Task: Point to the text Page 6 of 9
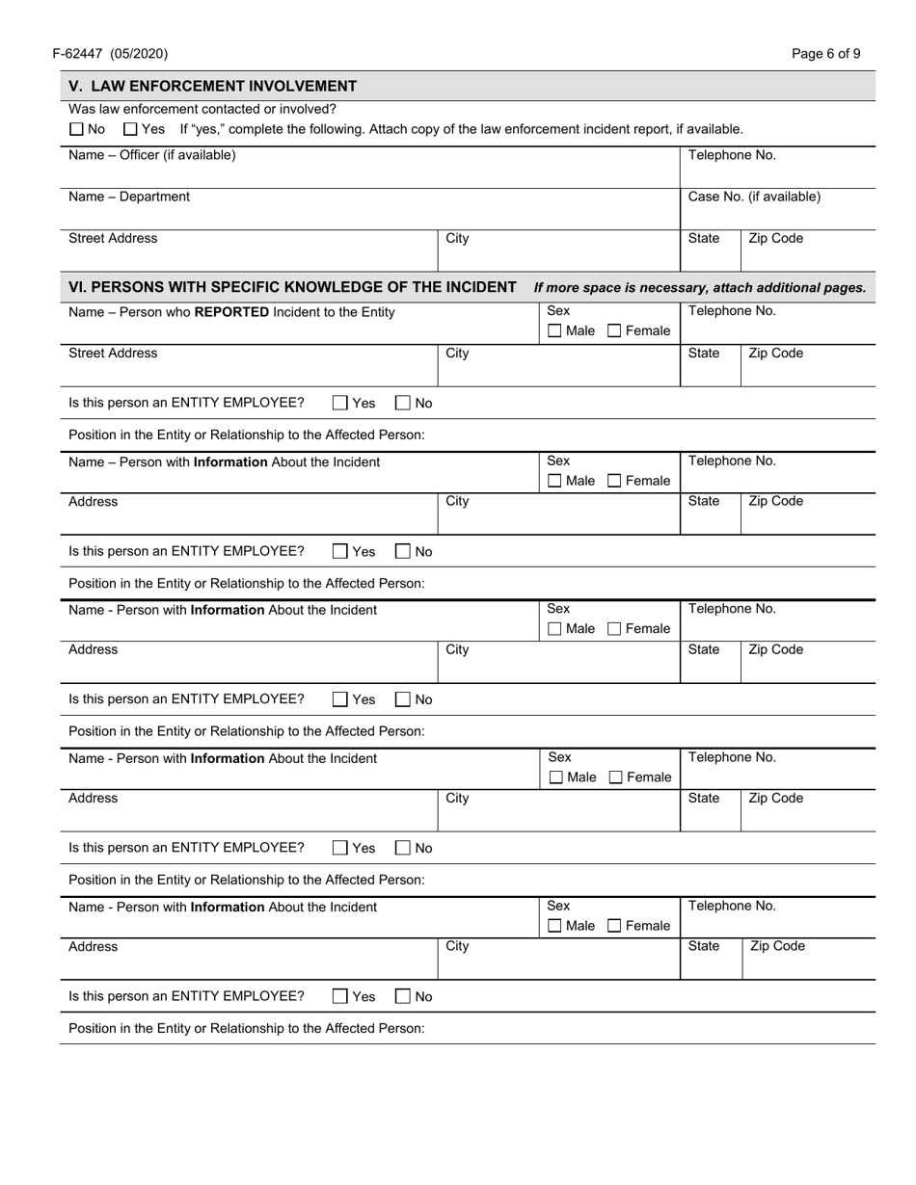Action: [x=826, y=54]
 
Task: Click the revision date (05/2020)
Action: [x=141, y=54]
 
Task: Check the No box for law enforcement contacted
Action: [x=76, y=129]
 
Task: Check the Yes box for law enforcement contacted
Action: [x=131, y=129]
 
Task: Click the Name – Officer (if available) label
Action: [x=151, y=155]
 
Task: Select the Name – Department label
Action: [x=129, y=197]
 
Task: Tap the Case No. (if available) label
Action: [x=754, y=197]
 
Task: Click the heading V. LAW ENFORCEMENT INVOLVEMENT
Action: [x=212, y=86]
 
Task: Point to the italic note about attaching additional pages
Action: [x=699, y=288]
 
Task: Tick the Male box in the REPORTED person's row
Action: [x=554, y=331]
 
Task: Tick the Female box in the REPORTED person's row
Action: [x=615, y=331]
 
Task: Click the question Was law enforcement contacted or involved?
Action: [x=202, y=109]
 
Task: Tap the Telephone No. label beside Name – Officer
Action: [x=731, y=155]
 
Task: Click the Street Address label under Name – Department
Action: [x=113, y=238]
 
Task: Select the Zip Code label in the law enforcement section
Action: [x=775, y=238]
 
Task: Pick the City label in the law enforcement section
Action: [x=457, y=238]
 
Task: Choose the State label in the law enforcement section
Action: [x=704, y=238]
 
